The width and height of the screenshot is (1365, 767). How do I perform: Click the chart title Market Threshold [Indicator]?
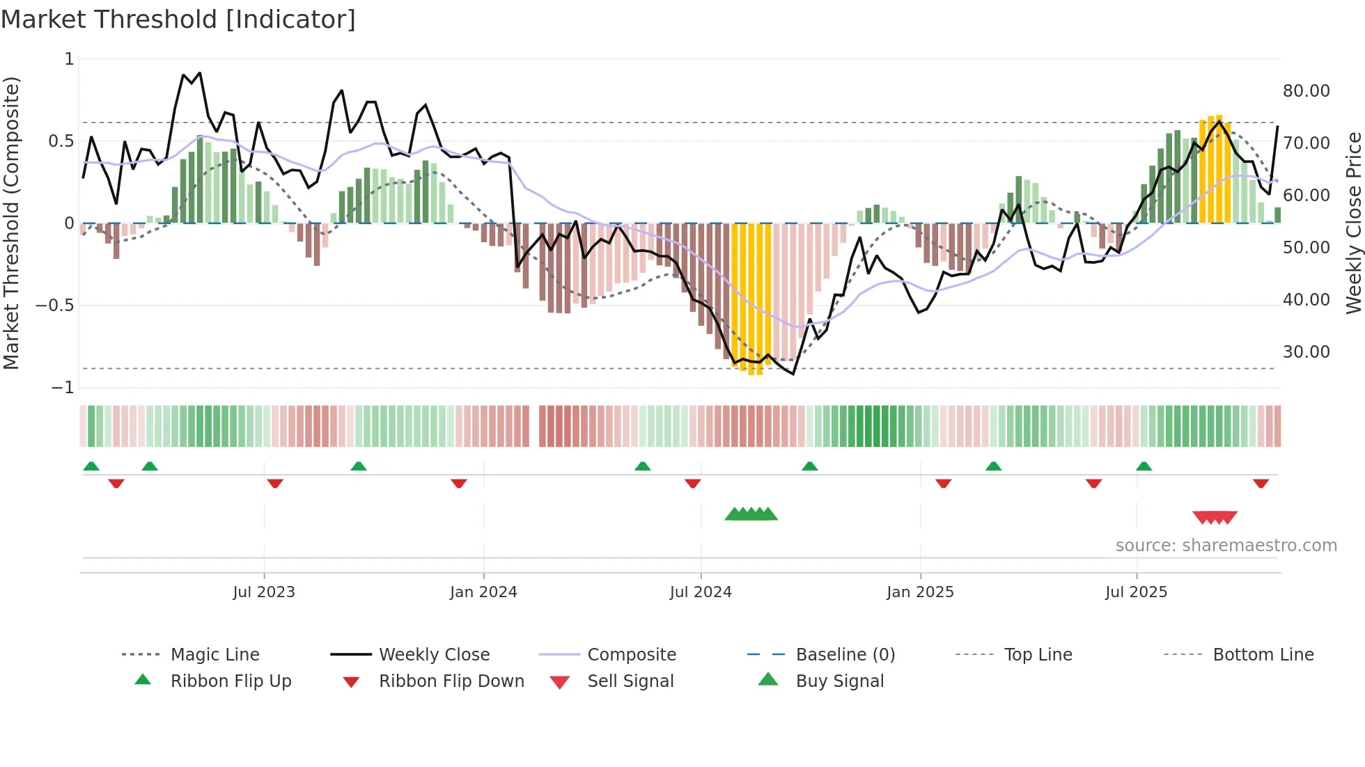pyautogui.click(x=178, y=19)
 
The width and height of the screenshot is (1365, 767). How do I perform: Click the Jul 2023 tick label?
pyautogui.click(x=264, y=592)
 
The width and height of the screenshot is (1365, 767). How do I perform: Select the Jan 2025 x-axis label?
pyautogui.click(x=920, y=592)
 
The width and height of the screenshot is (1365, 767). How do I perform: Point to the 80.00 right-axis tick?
pyautogui.click(x=1306, y=91)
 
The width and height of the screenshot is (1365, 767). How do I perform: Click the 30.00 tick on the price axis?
pyautogui.click(x=1306, y=352)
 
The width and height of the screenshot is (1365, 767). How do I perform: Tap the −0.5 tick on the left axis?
pyautogui.click(x=54, y=306)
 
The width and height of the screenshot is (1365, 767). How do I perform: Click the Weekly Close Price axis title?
pyautogui.click(x=1353, y=223)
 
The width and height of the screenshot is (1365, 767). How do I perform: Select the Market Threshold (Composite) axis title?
pyautogui.click(x=11, y=223)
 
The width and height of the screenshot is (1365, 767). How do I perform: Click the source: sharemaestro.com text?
pyautogui.click(x=1226, y=545)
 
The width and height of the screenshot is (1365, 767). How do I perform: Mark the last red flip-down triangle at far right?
pyautogui.click(x=1261, y=483)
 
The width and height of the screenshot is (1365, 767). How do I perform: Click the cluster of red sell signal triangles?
pyautogui.click(x=1215, y=517)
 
